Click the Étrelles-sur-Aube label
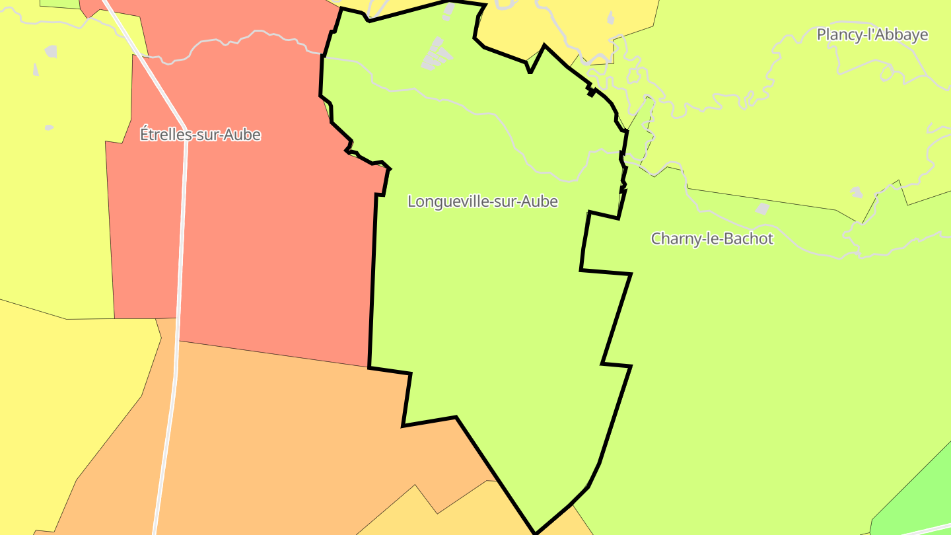point(200,135)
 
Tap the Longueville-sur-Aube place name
point(483,201)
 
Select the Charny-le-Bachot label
point(712,238)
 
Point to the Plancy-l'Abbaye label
point(872,34)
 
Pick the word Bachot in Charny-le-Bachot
point(748,238)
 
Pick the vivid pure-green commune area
point(925,489)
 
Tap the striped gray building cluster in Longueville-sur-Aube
point(435,55)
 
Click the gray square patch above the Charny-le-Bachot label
point(763,209)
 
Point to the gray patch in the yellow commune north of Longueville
point(610,18)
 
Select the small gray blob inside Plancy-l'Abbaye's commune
point(856,192)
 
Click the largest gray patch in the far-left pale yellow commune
point(51,51)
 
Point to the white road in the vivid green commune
point(925,529)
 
